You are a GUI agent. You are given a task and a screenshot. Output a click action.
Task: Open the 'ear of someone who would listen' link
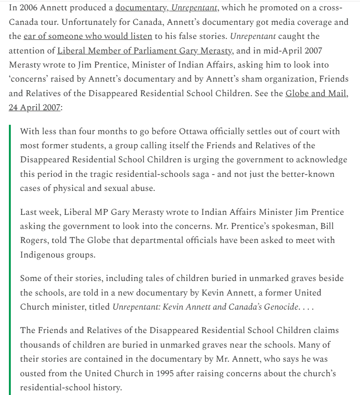[88, 36]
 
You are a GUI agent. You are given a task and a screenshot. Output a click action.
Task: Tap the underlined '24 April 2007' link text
[34, 107]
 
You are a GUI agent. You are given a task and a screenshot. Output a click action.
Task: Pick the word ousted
[32, 374]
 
